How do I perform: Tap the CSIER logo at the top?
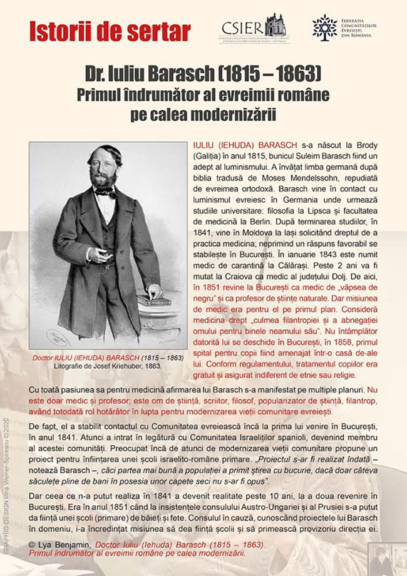[253, 27]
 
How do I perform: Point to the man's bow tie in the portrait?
[106, 192]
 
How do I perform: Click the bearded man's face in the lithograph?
[103, 168]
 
